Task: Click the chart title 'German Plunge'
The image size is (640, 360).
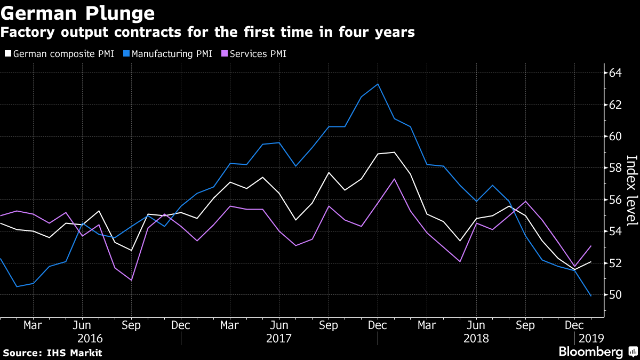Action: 79,12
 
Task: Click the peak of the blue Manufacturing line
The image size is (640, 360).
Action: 378,84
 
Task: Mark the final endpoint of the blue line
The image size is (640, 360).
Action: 590,295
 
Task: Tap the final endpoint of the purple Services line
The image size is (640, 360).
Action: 590,246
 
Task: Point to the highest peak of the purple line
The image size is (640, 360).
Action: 394,179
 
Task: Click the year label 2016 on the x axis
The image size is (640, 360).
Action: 90,338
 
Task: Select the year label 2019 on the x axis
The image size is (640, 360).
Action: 589,338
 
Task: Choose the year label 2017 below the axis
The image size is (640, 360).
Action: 278,338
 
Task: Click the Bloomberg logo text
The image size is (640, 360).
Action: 590,352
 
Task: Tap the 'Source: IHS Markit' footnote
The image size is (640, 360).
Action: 52,353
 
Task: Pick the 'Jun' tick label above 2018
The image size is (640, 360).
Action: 476,325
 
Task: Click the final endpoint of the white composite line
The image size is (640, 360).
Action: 590,262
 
